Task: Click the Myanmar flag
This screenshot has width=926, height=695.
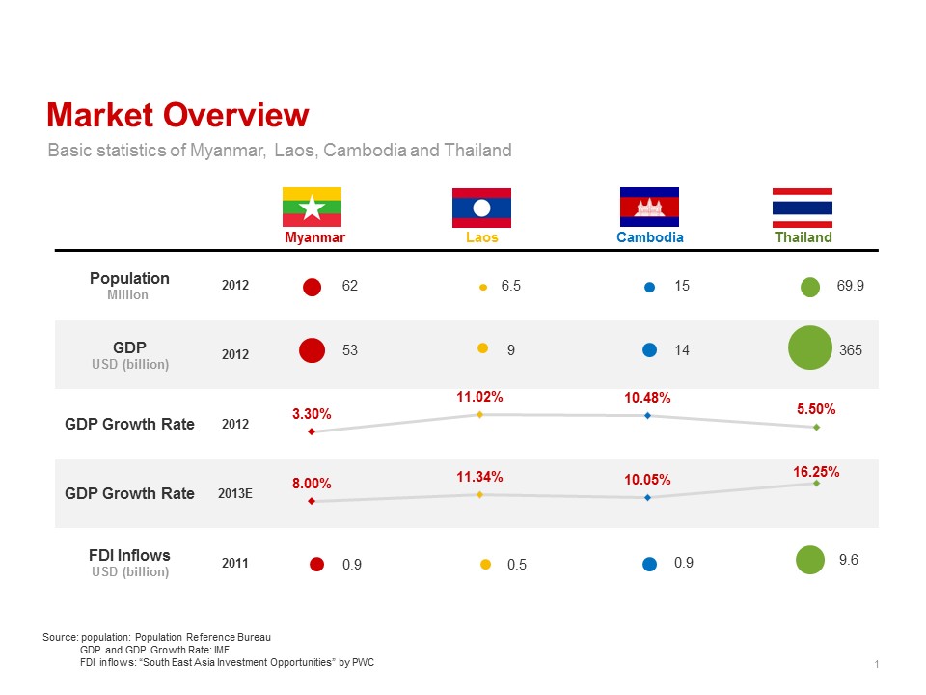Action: coord(312,207)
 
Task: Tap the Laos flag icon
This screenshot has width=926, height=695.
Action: coord(481,207)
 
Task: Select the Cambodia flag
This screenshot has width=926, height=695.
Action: coord(649,207)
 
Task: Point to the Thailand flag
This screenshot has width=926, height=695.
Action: coord(803,207)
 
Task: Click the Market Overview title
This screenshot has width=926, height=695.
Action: coord(177,115)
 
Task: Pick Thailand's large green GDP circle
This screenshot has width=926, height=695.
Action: coord(810,348)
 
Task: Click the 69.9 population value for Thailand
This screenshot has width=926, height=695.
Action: coord(851,287)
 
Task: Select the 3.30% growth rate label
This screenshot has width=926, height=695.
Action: coord(312,414)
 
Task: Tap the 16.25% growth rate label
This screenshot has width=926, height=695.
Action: coord(816,472)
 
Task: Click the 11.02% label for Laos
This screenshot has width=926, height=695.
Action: coord(479,397)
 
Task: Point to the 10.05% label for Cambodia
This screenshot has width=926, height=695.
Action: coord(647,480)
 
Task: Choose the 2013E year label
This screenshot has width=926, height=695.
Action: coord(235,493)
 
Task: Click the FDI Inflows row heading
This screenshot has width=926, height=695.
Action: coord(129,556)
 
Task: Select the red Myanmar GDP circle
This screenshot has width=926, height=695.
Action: coord(311,350)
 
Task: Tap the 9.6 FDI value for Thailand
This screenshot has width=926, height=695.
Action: coord(849,559)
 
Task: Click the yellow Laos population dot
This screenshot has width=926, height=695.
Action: coord(483,287)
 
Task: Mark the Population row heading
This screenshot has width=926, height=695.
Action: coord(129,279)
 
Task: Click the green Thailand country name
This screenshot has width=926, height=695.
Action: coord(803,237)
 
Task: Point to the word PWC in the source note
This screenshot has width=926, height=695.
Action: coord(363,663)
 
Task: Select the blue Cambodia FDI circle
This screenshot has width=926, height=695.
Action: coord(649,564)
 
